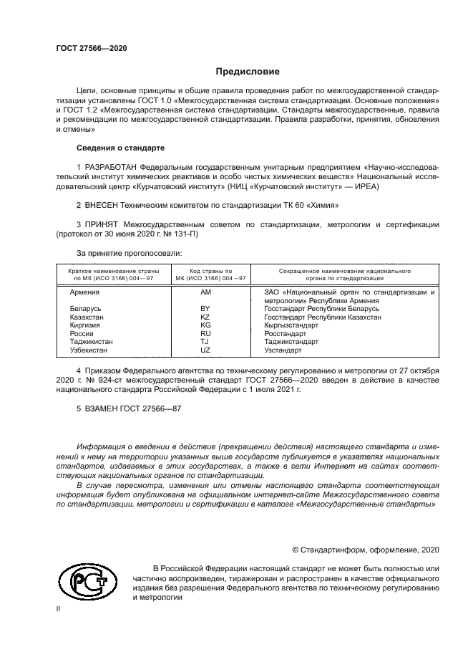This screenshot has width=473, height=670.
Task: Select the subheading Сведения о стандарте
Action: (x=120, y=148)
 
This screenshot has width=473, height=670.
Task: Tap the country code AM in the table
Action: (x=205, y=293)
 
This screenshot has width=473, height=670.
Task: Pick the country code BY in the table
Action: (x=205, y=309)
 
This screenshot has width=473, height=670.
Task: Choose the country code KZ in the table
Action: (x=205, y=317)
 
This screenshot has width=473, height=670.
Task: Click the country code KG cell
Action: (x=205, y=325)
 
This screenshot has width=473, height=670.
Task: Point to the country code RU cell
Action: (x=205, y=334)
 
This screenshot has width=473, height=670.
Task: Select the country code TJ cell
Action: (x=205, y=342)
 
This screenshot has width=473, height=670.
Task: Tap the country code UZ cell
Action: (x=205, y=350)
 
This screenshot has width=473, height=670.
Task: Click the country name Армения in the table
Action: (x=84, y=293)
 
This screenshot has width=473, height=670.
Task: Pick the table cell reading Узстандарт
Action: (x=283, y=350)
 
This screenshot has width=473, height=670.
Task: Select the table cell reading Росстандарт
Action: (x=285, y=334)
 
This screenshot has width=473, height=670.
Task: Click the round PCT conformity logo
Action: (x=87, y=581)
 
